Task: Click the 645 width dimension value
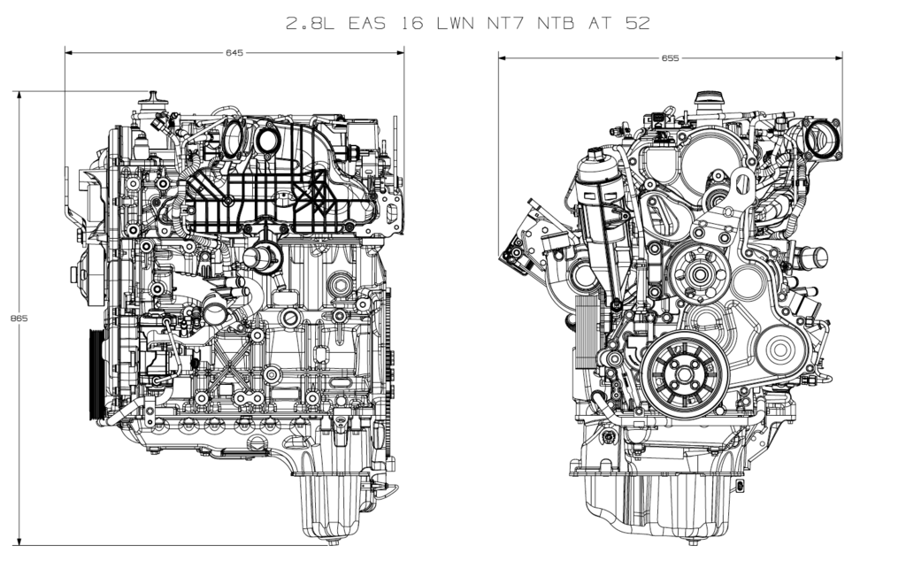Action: click(234, 52)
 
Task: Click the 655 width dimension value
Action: click(671, 58)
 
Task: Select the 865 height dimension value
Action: click(19, 318)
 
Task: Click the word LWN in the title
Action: click(456, 24)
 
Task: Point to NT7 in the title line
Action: click(508, 24)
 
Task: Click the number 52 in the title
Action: click(638, 24)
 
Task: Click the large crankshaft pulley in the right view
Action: click(685, 373)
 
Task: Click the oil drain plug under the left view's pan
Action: click(333, 542)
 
